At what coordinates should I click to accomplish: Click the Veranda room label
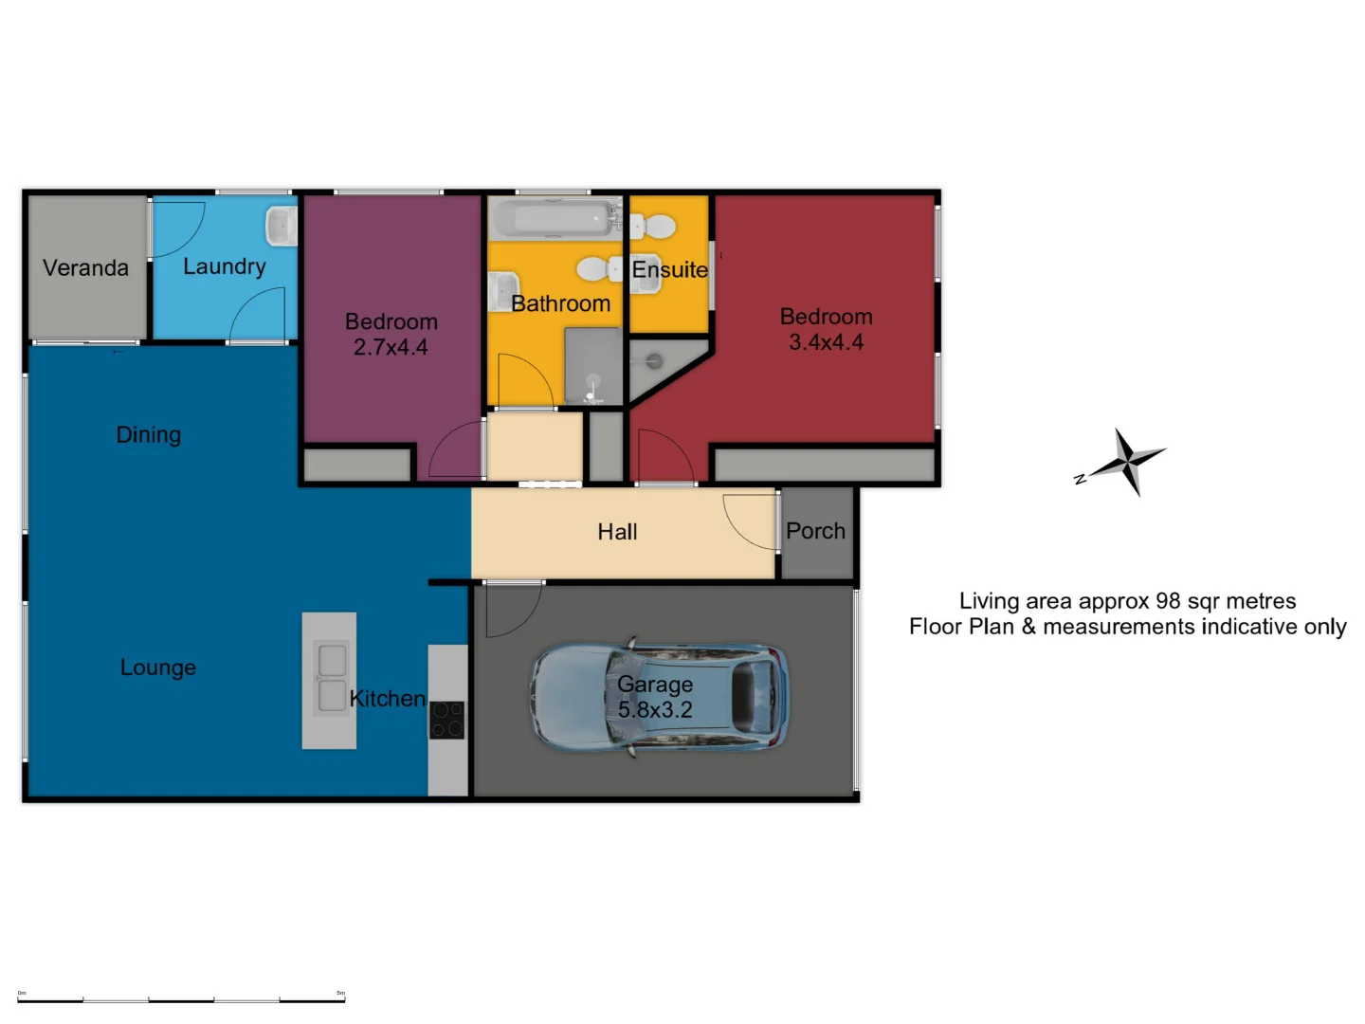pyautogui.click(x=85, y=268)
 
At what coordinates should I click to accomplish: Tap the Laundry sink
pyautogui.click(x=282, y=226)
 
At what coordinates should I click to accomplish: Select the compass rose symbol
pyautogui.click(x=1127, y=463)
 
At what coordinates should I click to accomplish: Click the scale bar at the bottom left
pyautogui.click(x=181, y=998)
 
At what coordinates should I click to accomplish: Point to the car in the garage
pyautogui.click(x=659, y=698)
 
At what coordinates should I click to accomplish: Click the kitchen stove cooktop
pyautogui.click(x=447, y=720)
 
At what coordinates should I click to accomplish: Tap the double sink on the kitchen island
pyautogui.click(x=331, y=678)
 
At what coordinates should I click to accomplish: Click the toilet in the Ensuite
pyautogui.click(x=653, y=227)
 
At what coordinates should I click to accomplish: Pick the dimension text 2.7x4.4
pyautogui.click(x=391, y=348)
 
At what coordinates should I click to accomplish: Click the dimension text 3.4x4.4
pyautogui.click(x=826, y=343)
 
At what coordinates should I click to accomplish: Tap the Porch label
pyautogui.click(x=815, y=531)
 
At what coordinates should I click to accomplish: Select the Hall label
pyautogui.click(x=617, y=532)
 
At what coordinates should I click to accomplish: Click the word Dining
pyautogui.click(x=148, y=435)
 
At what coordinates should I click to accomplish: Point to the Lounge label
pyautogui.click(x=158, y=667)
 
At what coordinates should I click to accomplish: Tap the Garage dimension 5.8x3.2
pyautogui.click(x=655, y=710)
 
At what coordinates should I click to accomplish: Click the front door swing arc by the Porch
pyautogui.click(x=749, y=521)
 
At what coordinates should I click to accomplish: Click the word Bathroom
pyautogui.click(x=560, y=304)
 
